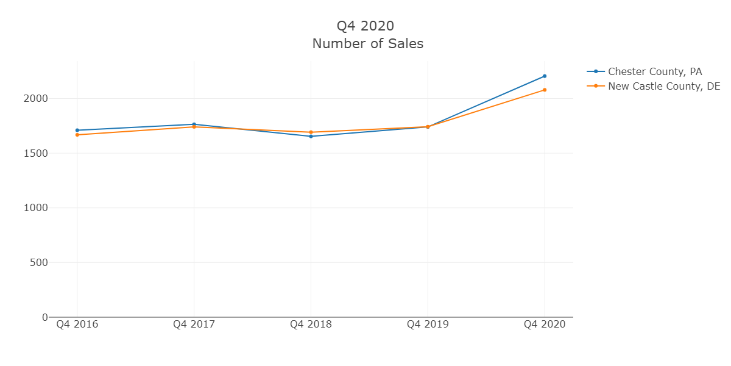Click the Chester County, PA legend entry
(655, 71)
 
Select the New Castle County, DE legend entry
(664, 86)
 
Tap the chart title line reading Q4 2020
(365, 26)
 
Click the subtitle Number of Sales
(367, 44)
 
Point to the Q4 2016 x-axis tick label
(77, 325)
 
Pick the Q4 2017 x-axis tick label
(194, 325)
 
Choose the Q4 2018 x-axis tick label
(311, 325)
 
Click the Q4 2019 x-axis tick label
(428, 325)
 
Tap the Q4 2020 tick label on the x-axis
(545, 325)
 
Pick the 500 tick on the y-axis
(40, 263)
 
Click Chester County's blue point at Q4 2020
(545, 76)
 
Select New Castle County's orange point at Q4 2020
(545, 90)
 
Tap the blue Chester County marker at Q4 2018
(311, 136)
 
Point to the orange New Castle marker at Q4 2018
(311, 132)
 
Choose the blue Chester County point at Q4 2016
(77, 130)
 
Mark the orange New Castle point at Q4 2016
(77, 135)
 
